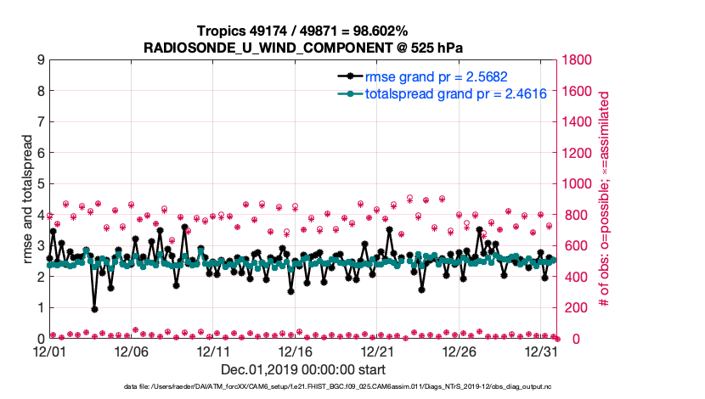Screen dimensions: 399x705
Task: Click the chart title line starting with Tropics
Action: pyautogui.click(x=302, y=31)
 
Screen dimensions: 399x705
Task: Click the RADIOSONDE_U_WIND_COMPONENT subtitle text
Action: pyautogui.click(x=302, y=47)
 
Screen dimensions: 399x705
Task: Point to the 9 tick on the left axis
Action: pyautogui.click(x=40, y=60)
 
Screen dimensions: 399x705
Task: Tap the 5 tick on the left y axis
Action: pyautogui.click(x=40, y=184)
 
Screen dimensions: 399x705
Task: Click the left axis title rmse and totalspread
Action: pyautogui.click(x=28, y=199)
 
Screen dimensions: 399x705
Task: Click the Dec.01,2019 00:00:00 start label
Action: pyautogui.click(x=302, y=369)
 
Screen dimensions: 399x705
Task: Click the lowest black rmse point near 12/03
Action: pyautogui.click(x=94, y=309)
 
